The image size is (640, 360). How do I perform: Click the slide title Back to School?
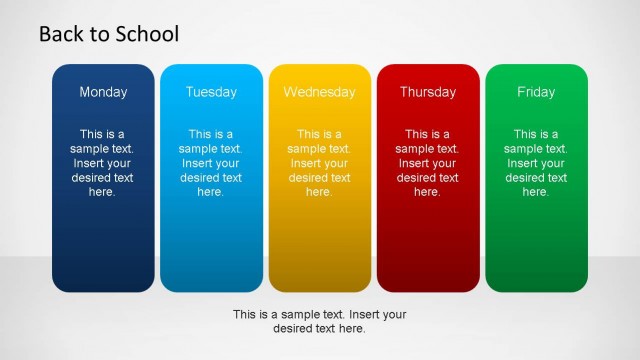(x=109, y=34)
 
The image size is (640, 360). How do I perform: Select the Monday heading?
(x=103, y=92)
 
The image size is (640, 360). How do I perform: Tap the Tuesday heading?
(x=210, y=92)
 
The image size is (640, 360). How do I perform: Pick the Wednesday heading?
(x=319, y=92)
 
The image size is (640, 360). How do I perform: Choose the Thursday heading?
(x=427, y=92)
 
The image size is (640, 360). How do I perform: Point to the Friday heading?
(x=536, y=92)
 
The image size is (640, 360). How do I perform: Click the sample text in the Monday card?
(x=103, y=163)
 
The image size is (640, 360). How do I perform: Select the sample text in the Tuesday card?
(x=210, y=163)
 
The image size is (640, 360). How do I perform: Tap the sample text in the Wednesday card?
(x=319, y=163)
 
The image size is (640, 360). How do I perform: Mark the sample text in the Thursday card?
(x=427, y=163)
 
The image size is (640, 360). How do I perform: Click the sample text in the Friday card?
(x=536, y=163)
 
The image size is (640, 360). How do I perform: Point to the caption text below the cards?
(x=319, y=321)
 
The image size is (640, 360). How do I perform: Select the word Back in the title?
(x=60, y=34)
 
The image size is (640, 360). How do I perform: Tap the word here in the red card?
(x=427, y=192)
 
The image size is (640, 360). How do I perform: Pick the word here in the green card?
(x=536, y=192)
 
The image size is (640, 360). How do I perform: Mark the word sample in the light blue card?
(x=200, y=149)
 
